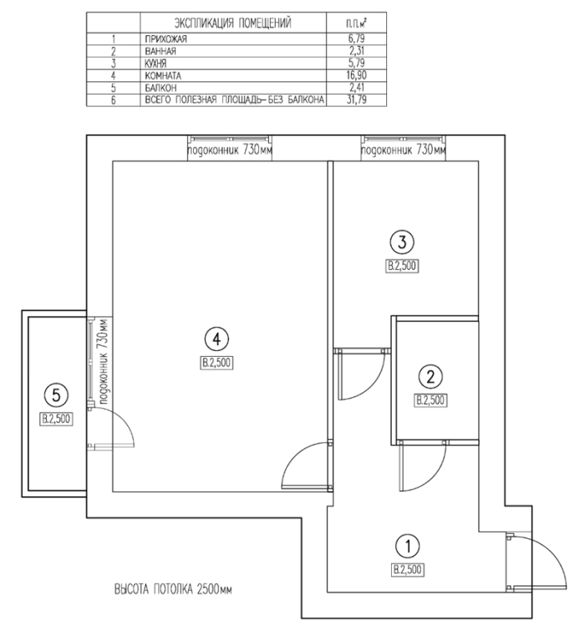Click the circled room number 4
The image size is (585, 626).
pos(216,339)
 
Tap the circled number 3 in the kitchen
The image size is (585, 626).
pos(402,242)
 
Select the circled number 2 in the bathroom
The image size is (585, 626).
pos(430,376)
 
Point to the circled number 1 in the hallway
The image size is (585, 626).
pos(407,546)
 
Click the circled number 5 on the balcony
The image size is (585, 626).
pos(56,395)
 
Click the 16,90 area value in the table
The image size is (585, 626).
pos(357,75)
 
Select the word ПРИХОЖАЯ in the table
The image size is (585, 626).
pos(165,39)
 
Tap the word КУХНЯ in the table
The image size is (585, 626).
pos(155,64)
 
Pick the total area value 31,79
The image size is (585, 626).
pos(357,99)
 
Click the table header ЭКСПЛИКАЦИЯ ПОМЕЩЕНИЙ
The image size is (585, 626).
pos(233,23)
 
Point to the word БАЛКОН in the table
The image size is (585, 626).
pos(160,88)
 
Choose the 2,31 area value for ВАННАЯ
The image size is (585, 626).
pos(357,51)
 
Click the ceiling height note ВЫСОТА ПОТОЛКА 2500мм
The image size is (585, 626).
pos(173,589)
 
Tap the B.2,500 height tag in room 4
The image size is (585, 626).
pos(216,363)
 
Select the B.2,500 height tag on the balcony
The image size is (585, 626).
pos(56,419)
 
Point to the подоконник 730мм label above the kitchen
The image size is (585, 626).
pos(404,150)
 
